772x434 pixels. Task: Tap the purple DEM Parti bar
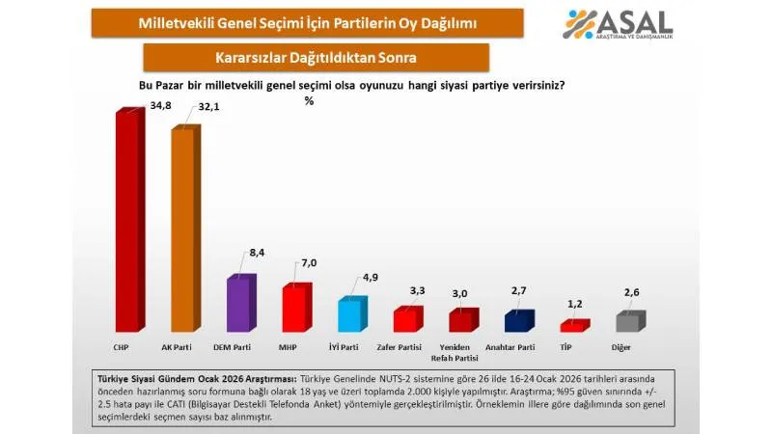coord(238,306)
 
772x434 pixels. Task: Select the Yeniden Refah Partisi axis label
coord(460,350)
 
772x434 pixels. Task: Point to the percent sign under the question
coord(309,101)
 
